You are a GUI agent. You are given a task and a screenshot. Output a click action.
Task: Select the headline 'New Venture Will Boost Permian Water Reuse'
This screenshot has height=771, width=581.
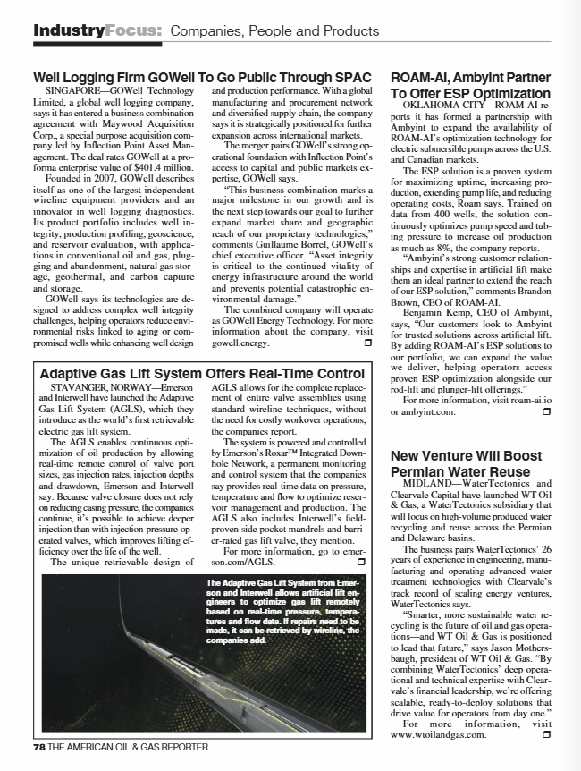pos(467,462)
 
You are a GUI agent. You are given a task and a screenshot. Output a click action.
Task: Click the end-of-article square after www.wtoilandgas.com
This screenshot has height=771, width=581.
pos(545,734)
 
